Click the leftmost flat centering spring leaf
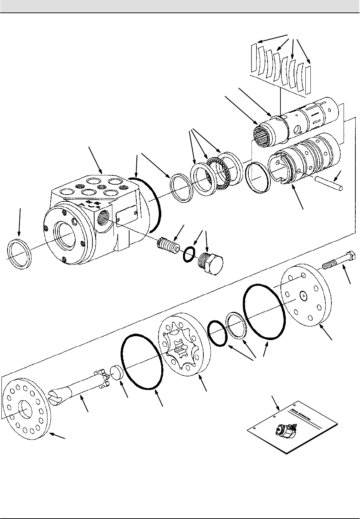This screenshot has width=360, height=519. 254,57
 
